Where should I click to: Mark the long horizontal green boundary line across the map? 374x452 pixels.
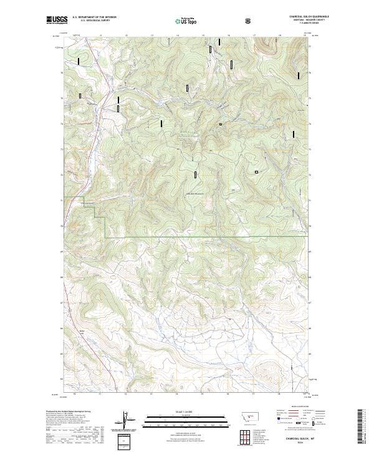click(x=206, y=238)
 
